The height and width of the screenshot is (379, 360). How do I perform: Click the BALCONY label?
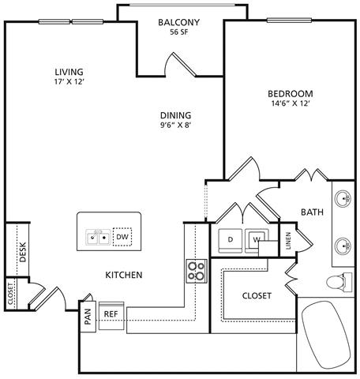click(178, 22)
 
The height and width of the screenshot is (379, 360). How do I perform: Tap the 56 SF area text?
click(179, 32)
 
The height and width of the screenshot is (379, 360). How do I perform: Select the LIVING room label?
click(69, 72)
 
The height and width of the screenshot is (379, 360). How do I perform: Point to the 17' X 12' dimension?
click(69, 82)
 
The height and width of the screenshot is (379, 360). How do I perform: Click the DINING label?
click(176, 115)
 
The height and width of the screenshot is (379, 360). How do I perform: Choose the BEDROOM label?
click(291, 94)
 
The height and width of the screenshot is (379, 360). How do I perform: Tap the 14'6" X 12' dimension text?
click(290, 103)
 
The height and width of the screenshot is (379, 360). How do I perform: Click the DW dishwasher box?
click(122, 237)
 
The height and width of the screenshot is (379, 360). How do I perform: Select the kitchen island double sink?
click(98, 237)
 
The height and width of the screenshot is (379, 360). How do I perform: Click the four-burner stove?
click(197, 271)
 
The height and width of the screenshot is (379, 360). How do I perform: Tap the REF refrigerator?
click(111, 316)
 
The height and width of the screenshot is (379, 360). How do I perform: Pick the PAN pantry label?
click(88, 317)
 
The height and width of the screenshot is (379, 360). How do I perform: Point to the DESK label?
click(23, 252)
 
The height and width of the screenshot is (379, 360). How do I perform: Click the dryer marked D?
click(231, 241)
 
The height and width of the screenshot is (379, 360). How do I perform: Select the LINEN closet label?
click(288, 241)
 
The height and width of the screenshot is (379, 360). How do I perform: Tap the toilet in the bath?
click(339, 283)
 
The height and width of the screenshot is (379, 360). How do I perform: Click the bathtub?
click(326, 336)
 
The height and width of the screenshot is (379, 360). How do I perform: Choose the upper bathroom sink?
click(343, 198)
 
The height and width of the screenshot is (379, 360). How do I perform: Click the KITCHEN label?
click(124, 275)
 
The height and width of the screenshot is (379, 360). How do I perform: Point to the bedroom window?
click(289, 21)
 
